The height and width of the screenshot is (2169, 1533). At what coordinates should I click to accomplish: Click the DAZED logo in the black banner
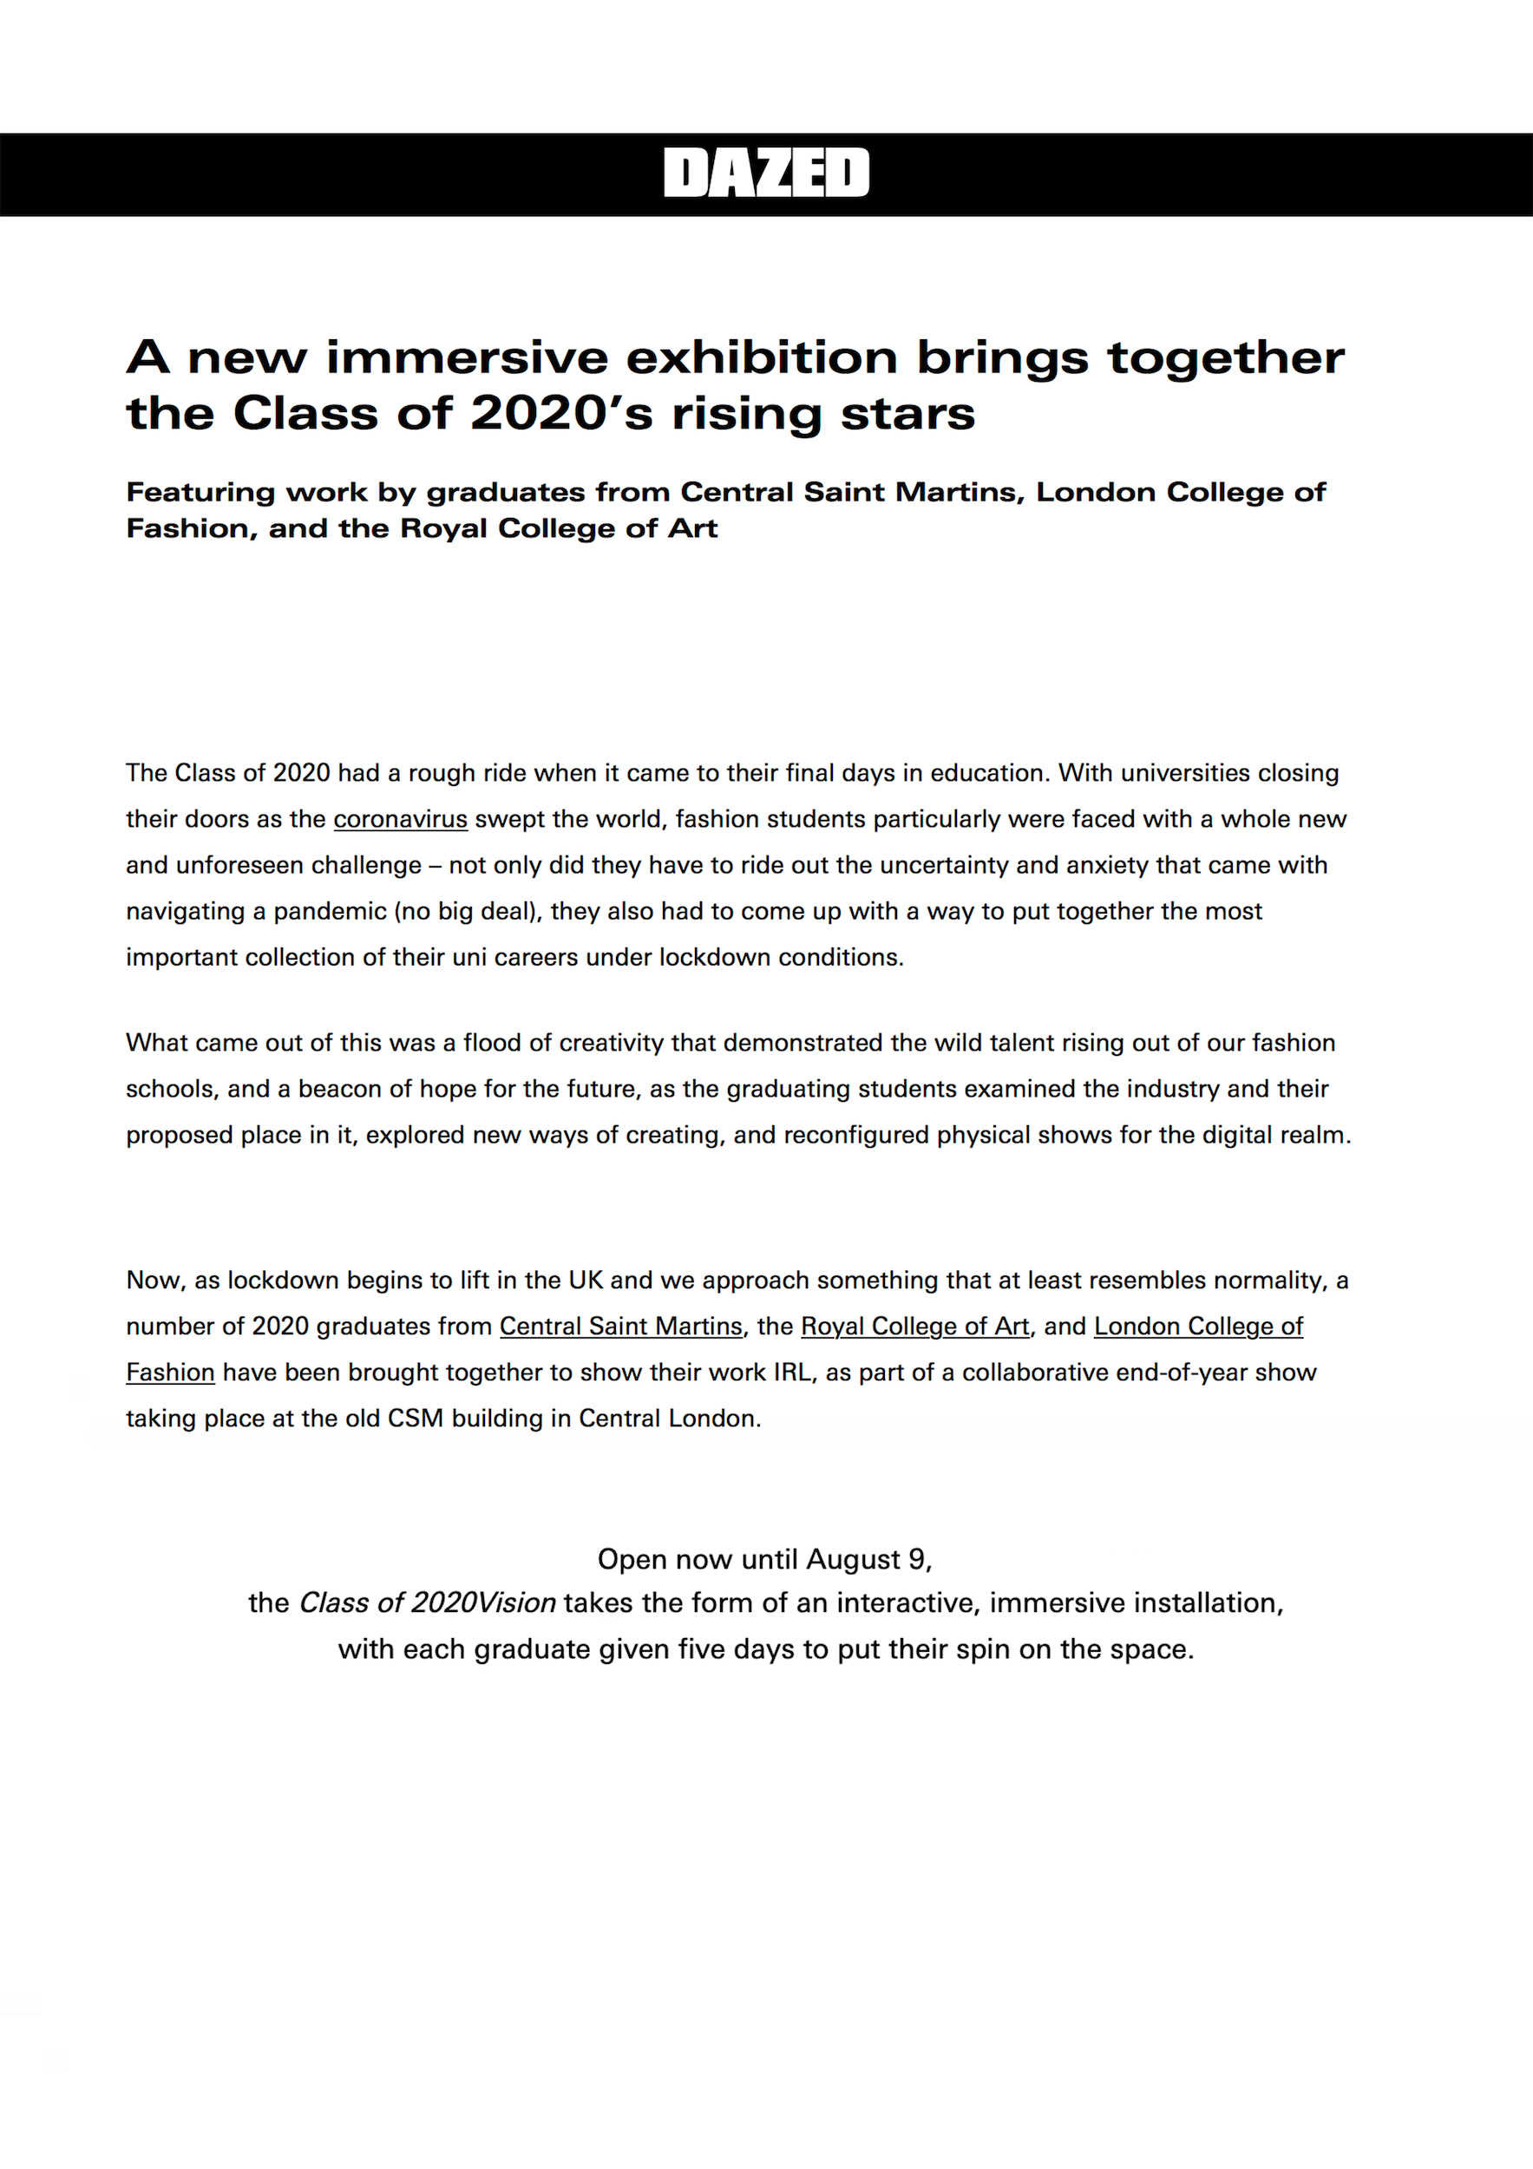coord(766,173)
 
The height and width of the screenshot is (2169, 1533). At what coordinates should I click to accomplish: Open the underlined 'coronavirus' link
coord(401,819)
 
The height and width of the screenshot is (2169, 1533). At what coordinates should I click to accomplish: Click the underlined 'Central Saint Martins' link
coord(620,1327)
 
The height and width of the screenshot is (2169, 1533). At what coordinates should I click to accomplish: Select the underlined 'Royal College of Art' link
coord(914,1327)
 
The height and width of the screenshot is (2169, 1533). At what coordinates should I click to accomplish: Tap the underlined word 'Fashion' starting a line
coord(171,1373)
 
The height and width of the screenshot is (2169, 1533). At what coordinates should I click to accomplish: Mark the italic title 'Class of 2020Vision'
coord(427,1603)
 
